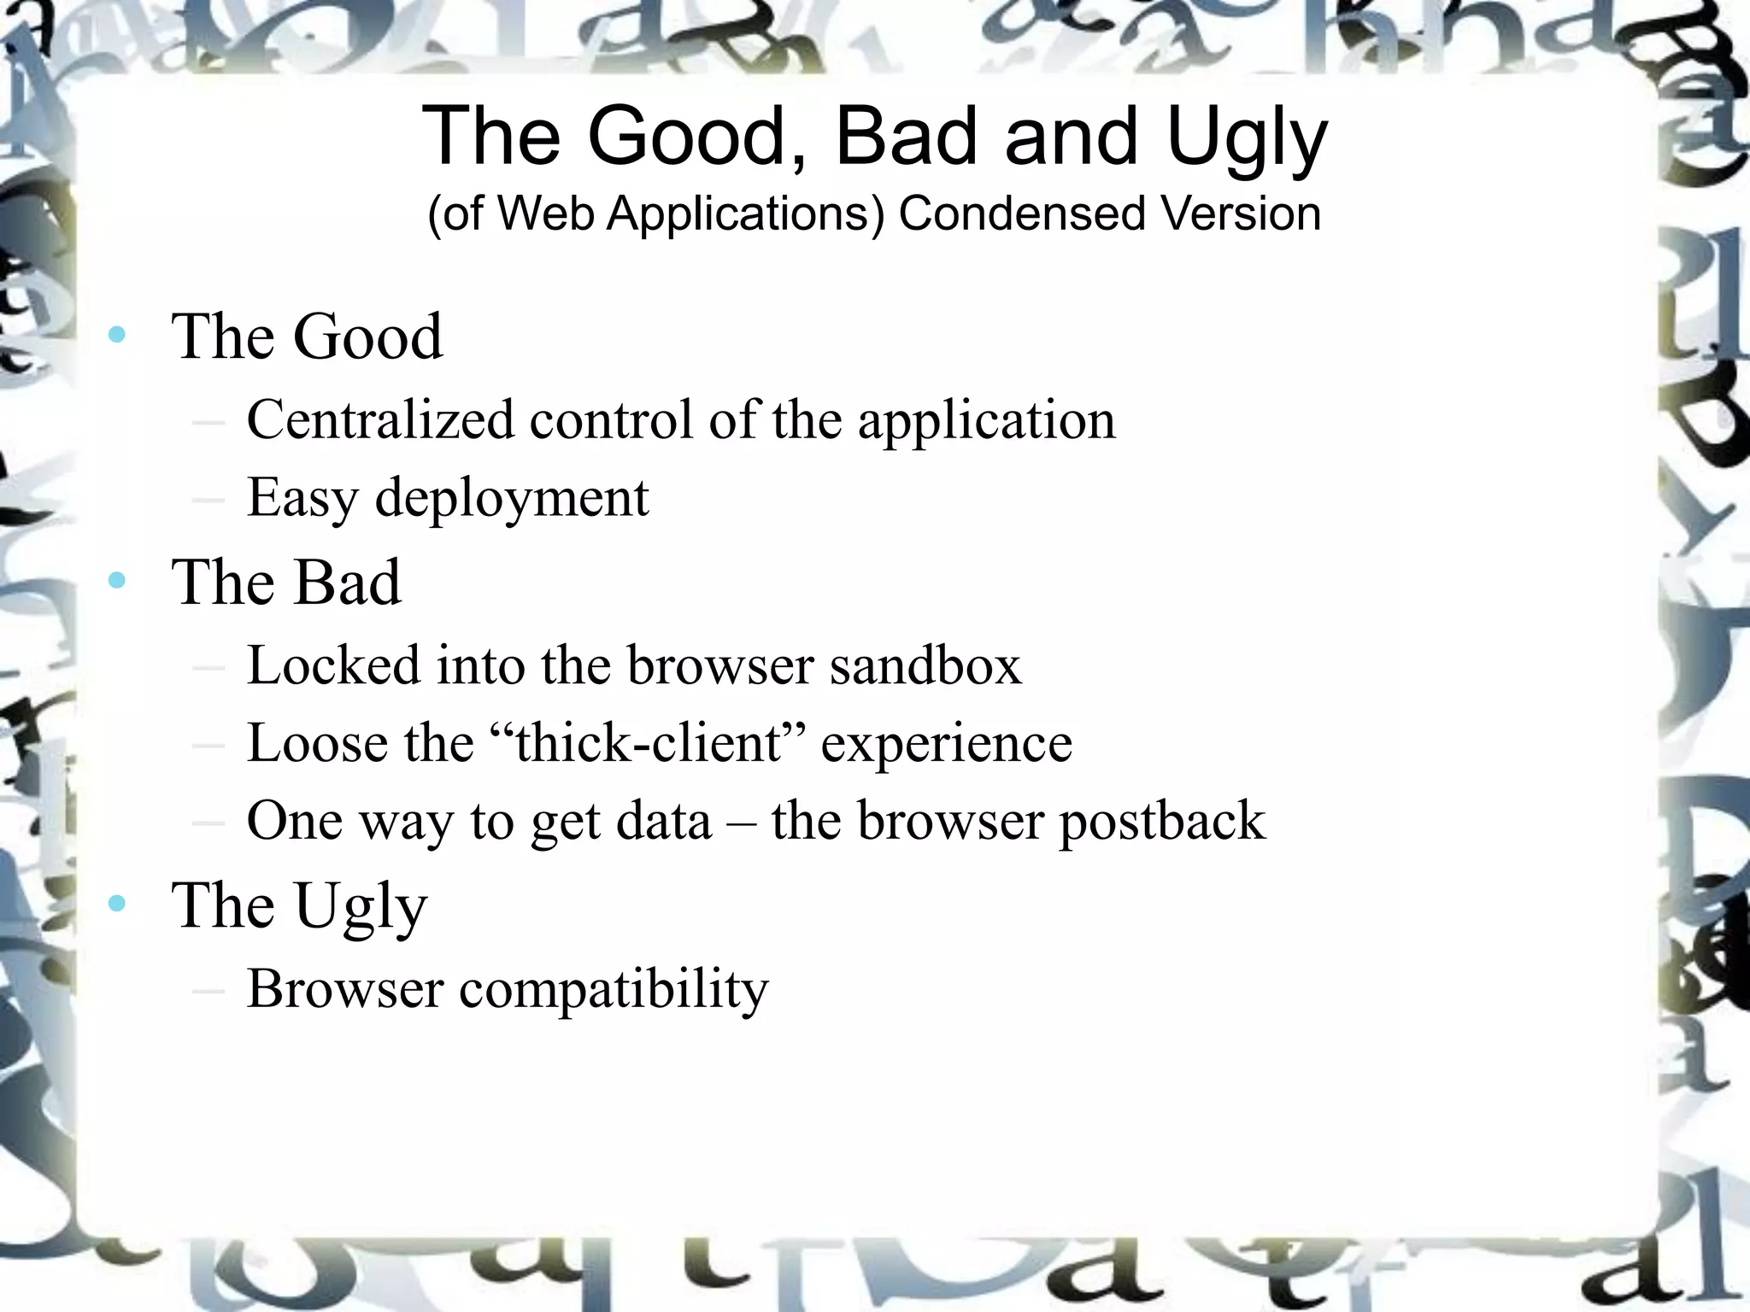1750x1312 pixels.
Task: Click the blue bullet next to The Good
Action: (x=117, y=334)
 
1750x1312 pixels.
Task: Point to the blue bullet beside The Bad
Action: (x=117, y=581)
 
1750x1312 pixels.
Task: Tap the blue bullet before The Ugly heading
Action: (x=117, y=903)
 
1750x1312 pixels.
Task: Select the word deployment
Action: (x=512, y=498)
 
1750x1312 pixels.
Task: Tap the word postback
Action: (x=1162, y=821)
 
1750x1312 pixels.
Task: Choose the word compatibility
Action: (x=614, y=989)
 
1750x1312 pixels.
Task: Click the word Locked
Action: (x=333, y=665)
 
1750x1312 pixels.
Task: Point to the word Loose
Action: (x=317, y=742)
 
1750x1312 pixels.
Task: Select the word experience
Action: (x=946, y=743)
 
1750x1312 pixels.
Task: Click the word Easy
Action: (x=302, y=498)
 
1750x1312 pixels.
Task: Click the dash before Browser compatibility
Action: (x=208, y=991)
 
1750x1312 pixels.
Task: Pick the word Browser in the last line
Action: (x=345, y=989)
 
